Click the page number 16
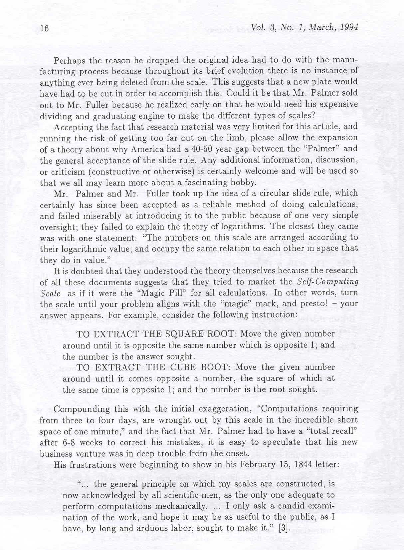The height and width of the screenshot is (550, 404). (x=44, y=29)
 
